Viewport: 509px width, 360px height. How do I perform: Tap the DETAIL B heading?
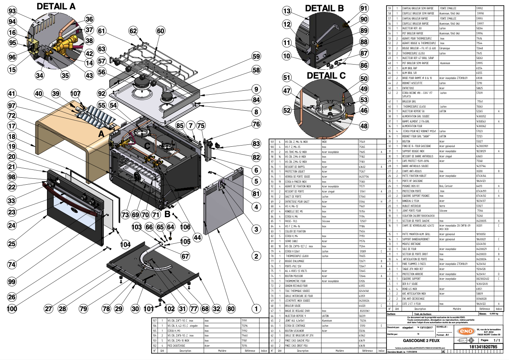(324, 8)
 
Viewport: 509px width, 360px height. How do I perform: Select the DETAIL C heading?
(326, 75)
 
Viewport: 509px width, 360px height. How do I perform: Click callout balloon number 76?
(256, 124)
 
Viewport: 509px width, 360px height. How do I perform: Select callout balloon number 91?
(364, 8)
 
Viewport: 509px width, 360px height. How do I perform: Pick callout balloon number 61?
(102, 31)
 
